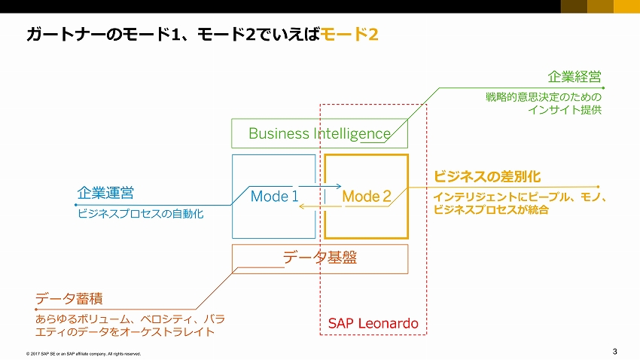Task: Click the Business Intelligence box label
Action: [x=319, y=134]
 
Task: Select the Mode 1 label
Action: [x=274, y=197]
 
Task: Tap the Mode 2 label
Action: [x=366, y=197]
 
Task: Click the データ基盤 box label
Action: [x=319, y=258]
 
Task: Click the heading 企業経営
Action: [x=574, y=78]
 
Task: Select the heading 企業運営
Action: [x=105, y=193]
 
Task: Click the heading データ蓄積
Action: [x=69, y=300]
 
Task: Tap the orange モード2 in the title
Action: [x=349, y=35]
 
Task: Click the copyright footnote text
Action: [x=83, y=352]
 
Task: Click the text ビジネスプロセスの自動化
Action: [x=141, y=214]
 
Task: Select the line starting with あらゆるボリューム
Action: [x=130, y=318]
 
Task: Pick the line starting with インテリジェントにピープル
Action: [x=520, y=197]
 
